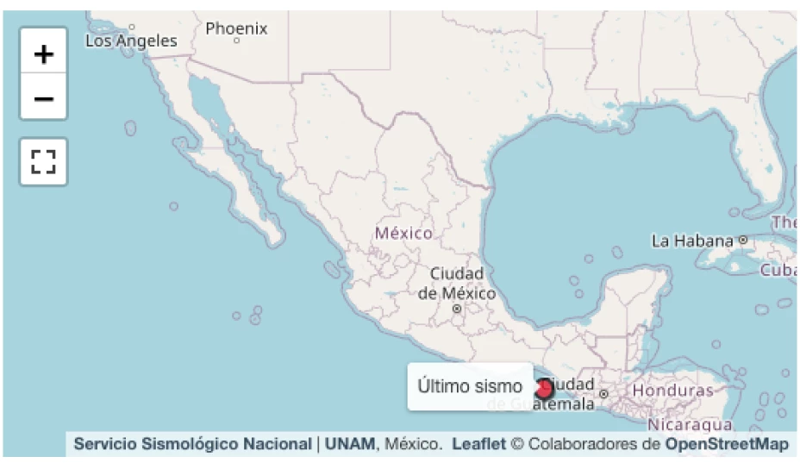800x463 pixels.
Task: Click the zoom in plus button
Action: (43, 53)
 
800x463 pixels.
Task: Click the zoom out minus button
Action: (43, 98)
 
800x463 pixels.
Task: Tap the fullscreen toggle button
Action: (43, 161)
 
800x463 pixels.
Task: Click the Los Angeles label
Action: (131, 41)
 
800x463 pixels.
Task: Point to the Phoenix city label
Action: (236, 28)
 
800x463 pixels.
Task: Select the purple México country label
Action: (403, 233)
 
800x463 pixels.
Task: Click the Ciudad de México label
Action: (457, 283)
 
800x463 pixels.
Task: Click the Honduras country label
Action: (673, 391)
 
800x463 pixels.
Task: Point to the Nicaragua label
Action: (690, 424)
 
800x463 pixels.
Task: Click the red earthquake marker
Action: (544, 389)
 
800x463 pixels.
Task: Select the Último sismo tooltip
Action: (470, 386)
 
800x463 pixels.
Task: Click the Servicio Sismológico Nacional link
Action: (192, 444)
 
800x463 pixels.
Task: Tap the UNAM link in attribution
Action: (350, 444)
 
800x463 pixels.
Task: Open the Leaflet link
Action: (478, 444)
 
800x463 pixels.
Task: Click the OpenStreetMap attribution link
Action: (727, 444)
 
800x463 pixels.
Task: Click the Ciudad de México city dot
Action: (457, 307)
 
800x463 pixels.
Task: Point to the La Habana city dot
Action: (742, 240)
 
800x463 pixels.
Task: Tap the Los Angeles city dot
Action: (132, 28)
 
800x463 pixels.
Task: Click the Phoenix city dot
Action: (236, 41)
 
